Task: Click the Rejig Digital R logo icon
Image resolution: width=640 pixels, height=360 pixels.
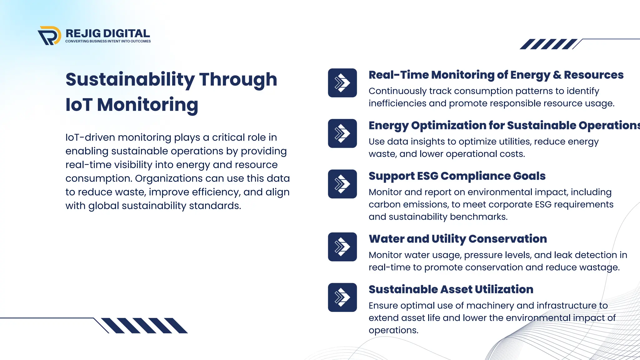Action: (49, 36)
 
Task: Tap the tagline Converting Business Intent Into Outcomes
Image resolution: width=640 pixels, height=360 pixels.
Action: (108, 41)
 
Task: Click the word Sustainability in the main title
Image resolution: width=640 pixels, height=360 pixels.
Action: (130, 80)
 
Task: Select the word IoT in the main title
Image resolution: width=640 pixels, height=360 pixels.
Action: (79, 105)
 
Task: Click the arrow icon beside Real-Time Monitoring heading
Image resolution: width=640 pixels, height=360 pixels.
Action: (342, 83)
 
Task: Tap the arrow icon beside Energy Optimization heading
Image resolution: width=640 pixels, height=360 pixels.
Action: (342, 133)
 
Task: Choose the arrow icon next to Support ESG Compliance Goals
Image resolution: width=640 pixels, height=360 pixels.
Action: (342, 184)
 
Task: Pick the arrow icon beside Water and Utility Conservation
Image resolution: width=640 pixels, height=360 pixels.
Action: (342, 247)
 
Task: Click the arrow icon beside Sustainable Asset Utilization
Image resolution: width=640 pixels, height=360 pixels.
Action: (342, 297)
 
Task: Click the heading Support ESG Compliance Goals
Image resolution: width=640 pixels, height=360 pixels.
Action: (457, 176)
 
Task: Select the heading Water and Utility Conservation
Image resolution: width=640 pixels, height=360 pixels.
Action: (457, 239)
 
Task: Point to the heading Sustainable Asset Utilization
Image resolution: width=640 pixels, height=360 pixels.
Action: (451, 289)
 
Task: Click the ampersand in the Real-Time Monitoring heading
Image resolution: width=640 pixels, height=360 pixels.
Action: (557, 75)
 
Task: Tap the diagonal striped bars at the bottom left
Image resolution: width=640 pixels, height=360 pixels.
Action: (144, 326)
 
